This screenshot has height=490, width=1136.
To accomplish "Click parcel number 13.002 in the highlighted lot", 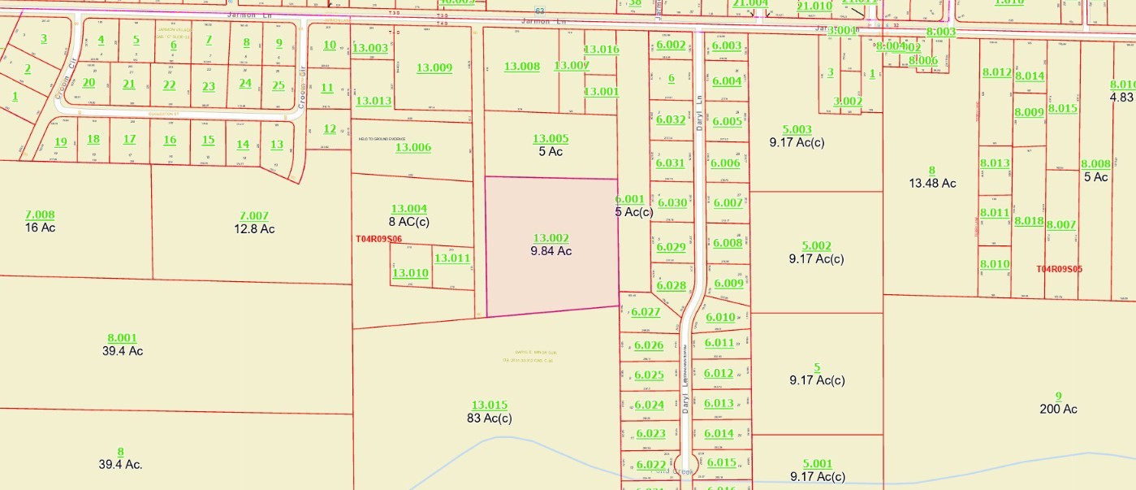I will pyautogui.click(x=551, y=238).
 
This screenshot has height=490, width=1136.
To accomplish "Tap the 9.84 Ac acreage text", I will pyautogui.click(x=551, y=251).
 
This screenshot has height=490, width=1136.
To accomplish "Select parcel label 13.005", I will pyautogui.click(x=551, y=139).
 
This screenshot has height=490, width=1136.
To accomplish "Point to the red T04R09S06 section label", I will pyautogui.click(x=379, y=239).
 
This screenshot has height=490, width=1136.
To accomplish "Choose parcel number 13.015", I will pyautogui.click(x=490, y=405).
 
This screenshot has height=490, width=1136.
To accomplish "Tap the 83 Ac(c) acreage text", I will pyautogui.click(x=490, y=418).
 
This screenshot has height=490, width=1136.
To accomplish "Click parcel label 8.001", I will pyautogui.click(x=122, y=338).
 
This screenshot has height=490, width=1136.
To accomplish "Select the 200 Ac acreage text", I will pyautogui.click(x=1058, y=409).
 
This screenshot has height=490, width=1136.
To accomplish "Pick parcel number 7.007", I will pyautogui.click(x=253, y=215).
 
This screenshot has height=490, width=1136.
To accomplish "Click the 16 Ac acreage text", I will pyautogui.click(x=40, y=228).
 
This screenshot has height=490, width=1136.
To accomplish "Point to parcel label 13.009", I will pyautogui.click(x=434, y=67).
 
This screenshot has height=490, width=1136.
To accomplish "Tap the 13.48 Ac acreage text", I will pyautogui.click(x=932, y=183).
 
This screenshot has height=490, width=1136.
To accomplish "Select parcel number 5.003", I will pyautogui.click(x=797, y=129).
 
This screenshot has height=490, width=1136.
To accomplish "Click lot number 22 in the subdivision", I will pyautogui.click(x=169, y=85).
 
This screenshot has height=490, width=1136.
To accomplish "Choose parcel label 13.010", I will pyautogui.click(x=410, y=273).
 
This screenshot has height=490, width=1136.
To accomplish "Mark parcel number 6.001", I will pyautogui.click(x=629, y=199).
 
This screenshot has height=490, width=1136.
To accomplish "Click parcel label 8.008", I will pyautogui.click(x=1095, y=164).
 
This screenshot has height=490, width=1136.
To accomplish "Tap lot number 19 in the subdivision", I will pyautogui.click(x=61, y=142).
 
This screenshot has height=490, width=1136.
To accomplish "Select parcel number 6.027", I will pyautogui.click(x=646, y=312).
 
